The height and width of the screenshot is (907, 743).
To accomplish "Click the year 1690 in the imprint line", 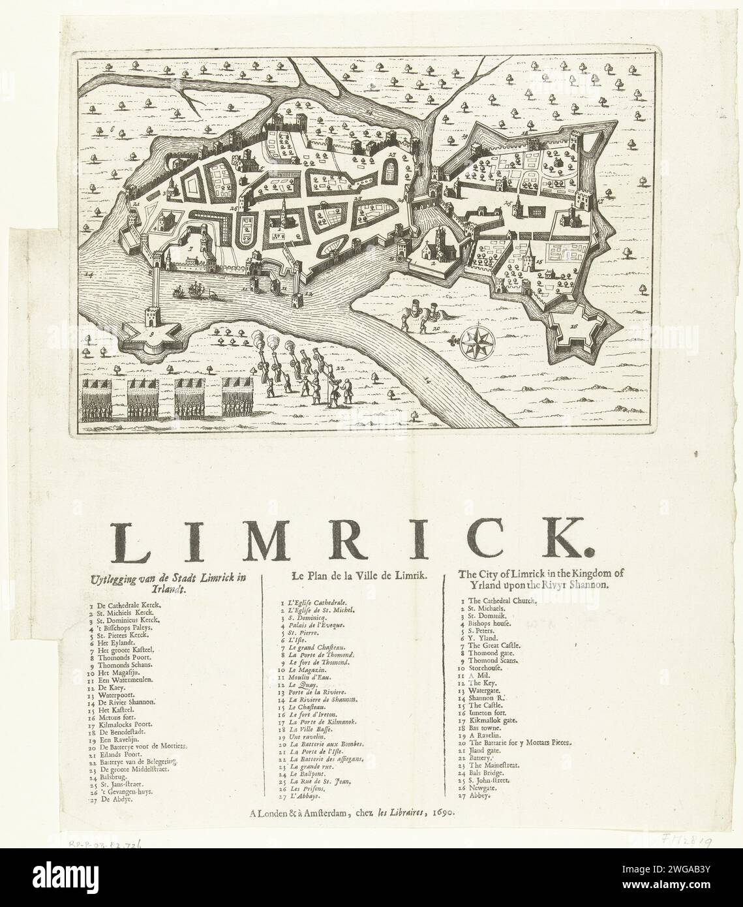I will (442, 812).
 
